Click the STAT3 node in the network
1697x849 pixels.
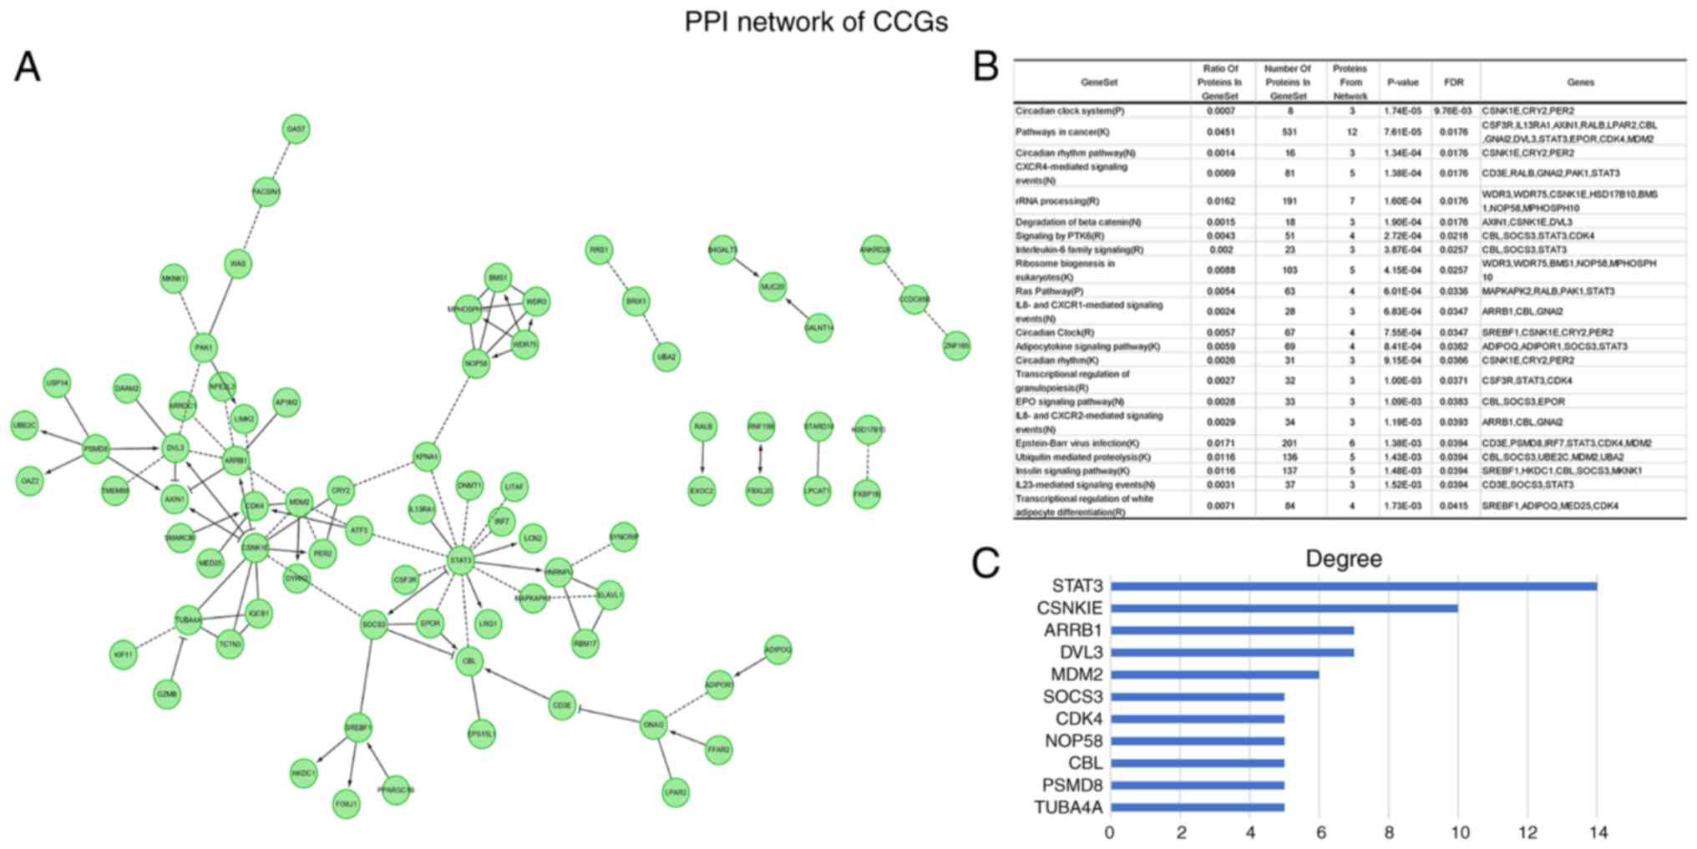click(460, 560)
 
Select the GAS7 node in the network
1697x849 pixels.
click(296, 129)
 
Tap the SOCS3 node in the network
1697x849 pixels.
click(373, 624)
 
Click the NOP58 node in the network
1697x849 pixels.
click(476, 364)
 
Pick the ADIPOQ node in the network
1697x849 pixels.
click(778, 649)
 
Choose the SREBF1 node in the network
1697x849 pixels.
click(358, 728)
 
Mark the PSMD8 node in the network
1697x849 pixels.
click(96, 449)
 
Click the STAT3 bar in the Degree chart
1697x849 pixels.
click(1353, 586)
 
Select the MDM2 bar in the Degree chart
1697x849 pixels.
click(1214, 675)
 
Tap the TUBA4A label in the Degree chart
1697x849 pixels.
click(1068, 807)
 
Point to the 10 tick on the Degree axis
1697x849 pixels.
click(1458, 832)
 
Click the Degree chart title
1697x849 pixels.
click(1343, 558)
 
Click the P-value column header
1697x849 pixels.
click(1403, 83)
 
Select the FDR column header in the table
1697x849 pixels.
click(1454, 83)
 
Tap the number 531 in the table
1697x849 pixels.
click(1290, 132)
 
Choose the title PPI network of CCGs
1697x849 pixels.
click(816, 22)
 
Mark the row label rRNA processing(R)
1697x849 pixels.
click(1057, 201)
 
